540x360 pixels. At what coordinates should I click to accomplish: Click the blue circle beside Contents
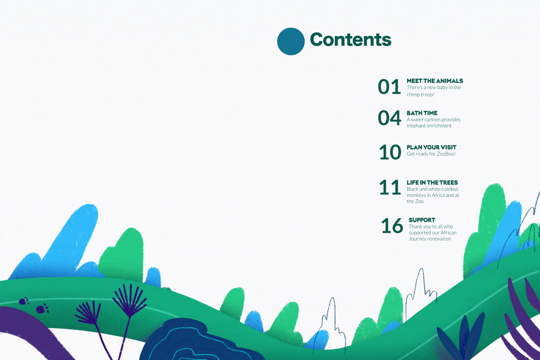291,41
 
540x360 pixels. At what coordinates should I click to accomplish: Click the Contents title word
350,40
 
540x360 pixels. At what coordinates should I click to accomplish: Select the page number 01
389,87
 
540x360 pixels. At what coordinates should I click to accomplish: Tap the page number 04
389,118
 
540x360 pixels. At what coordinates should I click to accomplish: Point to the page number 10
390,152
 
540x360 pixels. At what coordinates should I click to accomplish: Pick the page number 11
390,187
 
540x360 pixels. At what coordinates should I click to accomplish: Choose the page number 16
392,226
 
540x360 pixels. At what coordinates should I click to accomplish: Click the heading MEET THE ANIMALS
435,81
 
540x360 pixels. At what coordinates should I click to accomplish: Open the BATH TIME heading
422,113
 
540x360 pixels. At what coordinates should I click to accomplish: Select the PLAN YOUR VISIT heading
431,147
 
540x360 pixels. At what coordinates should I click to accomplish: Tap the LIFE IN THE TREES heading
432,182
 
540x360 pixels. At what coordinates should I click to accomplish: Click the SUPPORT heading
422,220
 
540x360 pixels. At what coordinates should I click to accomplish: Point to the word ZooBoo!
446,154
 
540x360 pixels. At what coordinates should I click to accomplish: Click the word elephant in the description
416,126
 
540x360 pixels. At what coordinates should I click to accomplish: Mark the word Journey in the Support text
418,239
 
